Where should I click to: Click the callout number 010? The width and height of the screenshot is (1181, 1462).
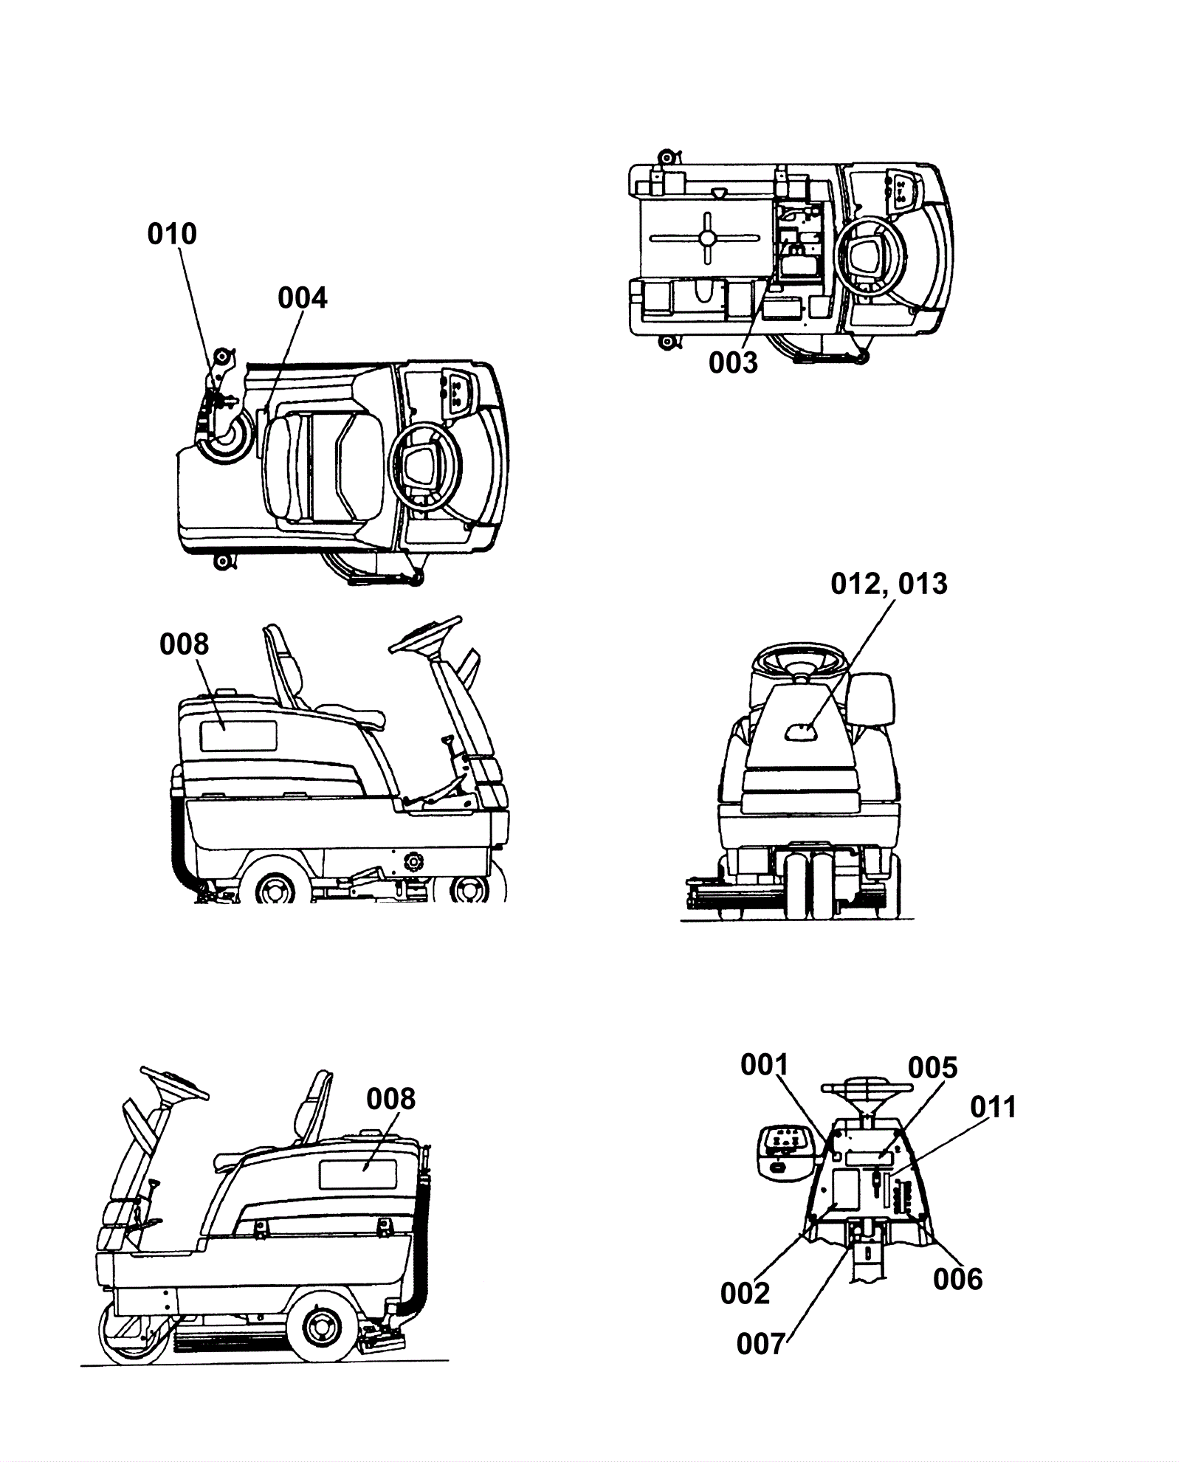coord(172,234)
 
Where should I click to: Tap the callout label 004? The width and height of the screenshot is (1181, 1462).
coord(302,298)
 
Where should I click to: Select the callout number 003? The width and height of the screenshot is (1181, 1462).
coord(733,362)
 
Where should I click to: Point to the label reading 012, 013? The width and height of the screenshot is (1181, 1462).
coord(889,584)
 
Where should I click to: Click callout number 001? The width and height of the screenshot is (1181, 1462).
coord(765,1065)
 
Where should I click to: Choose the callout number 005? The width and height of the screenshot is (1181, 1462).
coord(932,1068)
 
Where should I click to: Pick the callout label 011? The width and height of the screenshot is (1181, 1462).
coord(993,1107)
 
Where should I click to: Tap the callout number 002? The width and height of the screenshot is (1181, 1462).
coord(745,1294)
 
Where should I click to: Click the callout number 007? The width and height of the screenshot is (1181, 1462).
coord(761,1345)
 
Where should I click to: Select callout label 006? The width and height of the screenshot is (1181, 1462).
coord(957,1280)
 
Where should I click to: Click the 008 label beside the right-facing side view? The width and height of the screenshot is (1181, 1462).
coord(184,644)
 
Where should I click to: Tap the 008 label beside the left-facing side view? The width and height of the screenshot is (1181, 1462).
coord(390,1099)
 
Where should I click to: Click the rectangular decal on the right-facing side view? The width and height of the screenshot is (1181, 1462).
coord(238,736)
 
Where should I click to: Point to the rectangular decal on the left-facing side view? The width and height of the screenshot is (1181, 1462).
coord(358,1174)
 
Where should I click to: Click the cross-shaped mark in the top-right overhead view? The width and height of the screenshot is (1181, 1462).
coord(707,238)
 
